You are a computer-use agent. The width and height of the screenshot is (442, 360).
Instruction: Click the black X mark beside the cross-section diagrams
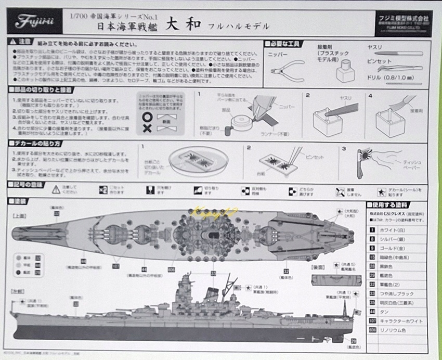pyautogui.click(x=147, y=128)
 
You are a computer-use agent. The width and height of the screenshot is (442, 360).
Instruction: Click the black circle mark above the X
pyautogui.click(x=147, y=118)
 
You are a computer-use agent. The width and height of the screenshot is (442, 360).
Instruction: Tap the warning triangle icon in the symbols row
pyautogui.click(x=56, y=190)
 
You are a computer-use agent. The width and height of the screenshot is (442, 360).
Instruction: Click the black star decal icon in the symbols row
pyautogui.click(x=383, y=190)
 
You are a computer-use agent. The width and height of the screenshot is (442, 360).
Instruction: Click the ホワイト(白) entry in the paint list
pyautogui.click(x=391, y=229)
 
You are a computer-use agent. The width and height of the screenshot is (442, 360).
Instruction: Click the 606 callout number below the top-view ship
pyautogui.click(x=172, y=270)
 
